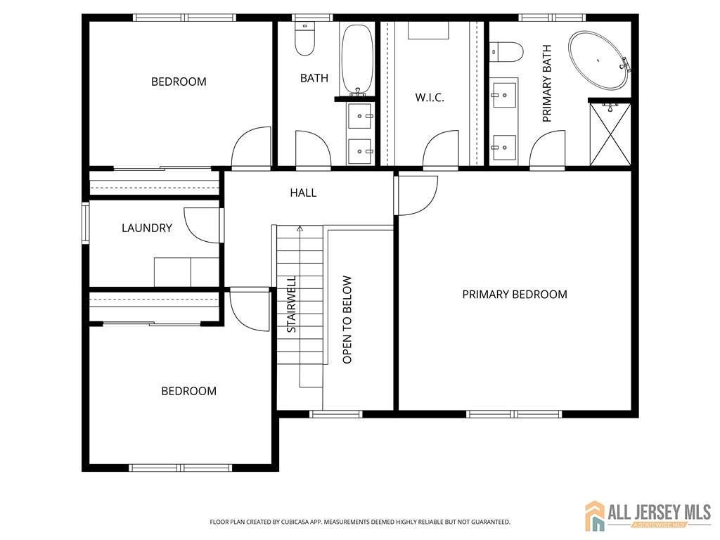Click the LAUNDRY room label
(146, 228)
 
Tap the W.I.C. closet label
(429, 98)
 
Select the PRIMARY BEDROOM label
(514, 294)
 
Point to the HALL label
(303, 193)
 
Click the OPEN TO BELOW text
(347, 320)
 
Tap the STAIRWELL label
(292, 304)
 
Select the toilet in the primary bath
(508, 51)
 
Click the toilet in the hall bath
(304, 41)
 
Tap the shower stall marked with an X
(610, 134)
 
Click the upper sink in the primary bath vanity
(504, 94)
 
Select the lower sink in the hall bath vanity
(361, 150)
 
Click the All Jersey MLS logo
(648, 516)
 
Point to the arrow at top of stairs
(300, 229)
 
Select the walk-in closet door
(440, 149)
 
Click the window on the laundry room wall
(86, 223)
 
